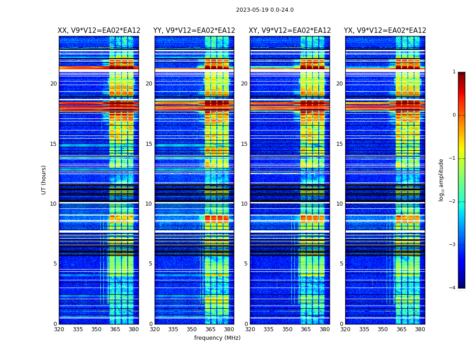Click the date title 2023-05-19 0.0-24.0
coord(265,10)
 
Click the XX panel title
coord(99,31)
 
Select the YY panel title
coord(194,31)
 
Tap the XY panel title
coord(290,31)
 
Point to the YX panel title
coord(385,31)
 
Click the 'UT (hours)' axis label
coord(44,180)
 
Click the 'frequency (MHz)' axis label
coord(217,338)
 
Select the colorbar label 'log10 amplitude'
coord(441,180)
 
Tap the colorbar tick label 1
coord(454,72)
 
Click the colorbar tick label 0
coord(454,115)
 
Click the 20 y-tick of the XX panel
coord(53,84)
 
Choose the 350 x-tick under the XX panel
coord(96,329)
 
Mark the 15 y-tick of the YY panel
coord(149,144)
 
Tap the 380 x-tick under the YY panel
coord(229,329)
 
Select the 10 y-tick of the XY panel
coord(244,204)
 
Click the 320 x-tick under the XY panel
coord(250,329)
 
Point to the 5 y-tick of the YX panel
coord(341,264)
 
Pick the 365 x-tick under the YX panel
coord(401,329)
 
